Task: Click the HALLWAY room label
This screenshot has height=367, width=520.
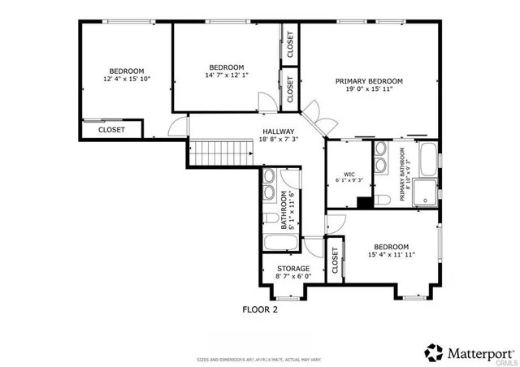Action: [x=278, y=131]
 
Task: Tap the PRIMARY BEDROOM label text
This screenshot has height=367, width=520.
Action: [x=370, y=81]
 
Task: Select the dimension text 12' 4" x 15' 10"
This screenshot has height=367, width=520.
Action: [x=127, y=80]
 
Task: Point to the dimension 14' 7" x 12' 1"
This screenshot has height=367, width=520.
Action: [x=226, y=76]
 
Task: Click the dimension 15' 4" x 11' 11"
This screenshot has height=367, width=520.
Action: [x=391, y=255]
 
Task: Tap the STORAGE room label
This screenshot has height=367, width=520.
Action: [x=293, y=268]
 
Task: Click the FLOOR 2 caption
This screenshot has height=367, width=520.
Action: [x=261, y=309]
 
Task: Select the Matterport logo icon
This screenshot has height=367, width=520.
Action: [x=435, y=352]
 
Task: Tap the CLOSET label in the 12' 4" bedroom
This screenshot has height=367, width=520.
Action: [x=112, y=129]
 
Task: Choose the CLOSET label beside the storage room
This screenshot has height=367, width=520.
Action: [x=334, y=261]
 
